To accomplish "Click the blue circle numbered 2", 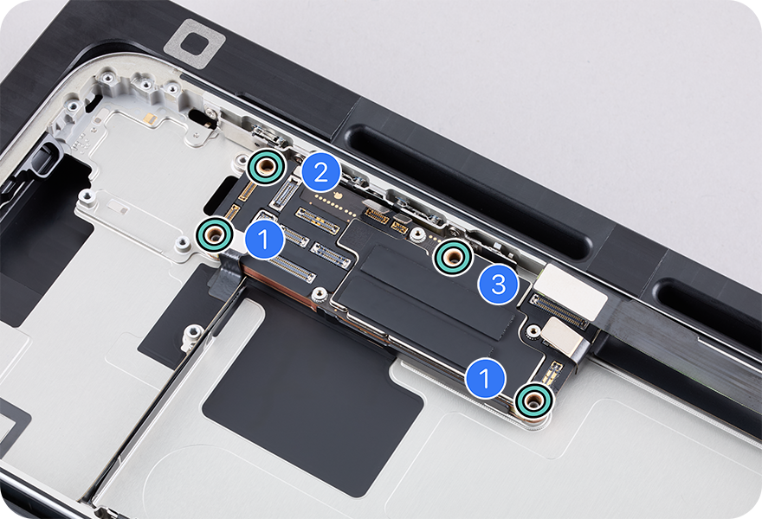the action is point(320,172).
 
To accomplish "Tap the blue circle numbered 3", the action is point(498,285).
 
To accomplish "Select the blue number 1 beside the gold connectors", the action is point(264,240).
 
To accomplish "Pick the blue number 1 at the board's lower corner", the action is point(485,377).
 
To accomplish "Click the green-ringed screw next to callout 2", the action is point(265,167).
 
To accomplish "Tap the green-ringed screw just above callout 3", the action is point(453,257).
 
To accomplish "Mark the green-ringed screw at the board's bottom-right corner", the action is point(534,401).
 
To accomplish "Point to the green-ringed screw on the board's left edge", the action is point(215,235).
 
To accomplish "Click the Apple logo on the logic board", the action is point(339,197).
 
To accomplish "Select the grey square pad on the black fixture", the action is point(195,42).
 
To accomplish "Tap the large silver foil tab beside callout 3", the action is point(572,290).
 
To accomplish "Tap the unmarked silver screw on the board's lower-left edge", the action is point(319,293).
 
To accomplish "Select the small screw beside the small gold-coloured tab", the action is point(533,332).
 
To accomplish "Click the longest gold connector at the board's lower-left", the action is point(292,270).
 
